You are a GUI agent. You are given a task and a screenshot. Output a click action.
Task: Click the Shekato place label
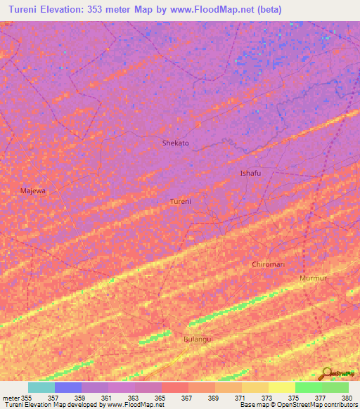click(x=175, y=143)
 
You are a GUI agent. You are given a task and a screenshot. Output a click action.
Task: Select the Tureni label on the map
click(x=181, y=201)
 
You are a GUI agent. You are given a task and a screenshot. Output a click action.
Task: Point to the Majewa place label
click(x=32, y=190)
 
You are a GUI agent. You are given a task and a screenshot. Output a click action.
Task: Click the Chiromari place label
click(x=268, y=264)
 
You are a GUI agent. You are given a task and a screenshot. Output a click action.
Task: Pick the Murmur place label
click(x=313, y=278)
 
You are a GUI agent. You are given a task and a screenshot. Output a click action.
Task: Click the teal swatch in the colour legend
click(x=41, y=387)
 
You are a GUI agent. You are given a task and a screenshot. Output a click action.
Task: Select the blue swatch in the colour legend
click(x=67, y=387)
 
